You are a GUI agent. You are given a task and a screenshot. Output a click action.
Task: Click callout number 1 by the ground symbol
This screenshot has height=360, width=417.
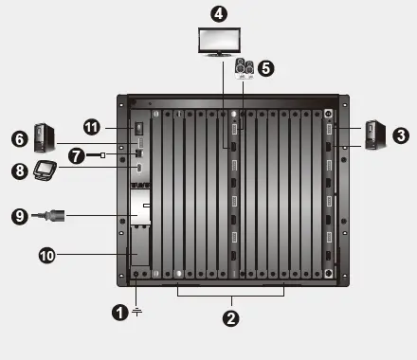(118, 310)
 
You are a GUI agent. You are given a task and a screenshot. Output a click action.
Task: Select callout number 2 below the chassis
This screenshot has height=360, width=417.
(229, 318)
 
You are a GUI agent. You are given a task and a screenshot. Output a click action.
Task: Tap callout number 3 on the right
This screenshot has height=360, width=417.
(400, 135)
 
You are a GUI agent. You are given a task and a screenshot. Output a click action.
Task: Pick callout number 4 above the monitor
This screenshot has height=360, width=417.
(219, 14)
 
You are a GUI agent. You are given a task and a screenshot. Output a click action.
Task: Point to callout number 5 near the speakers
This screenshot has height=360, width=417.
(265, 68)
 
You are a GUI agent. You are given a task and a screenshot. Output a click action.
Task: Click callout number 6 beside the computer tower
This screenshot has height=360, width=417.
(18, 138)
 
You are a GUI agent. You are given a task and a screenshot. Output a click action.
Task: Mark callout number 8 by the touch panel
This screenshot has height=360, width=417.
(18, 171)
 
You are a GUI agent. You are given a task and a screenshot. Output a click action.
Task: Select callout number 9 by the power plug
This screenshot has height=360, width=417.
(18, 216)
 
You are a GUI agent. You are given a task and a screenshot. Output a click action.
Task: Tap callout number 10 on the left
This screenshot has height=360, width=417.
(45, 254)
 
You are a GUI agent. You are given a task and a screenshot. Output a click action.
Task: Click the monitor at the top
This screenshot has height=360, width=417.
(219, 42)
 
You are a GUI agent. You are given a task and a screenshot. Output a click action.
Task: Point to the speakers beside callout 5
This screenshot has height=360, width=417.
(244, 68)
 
